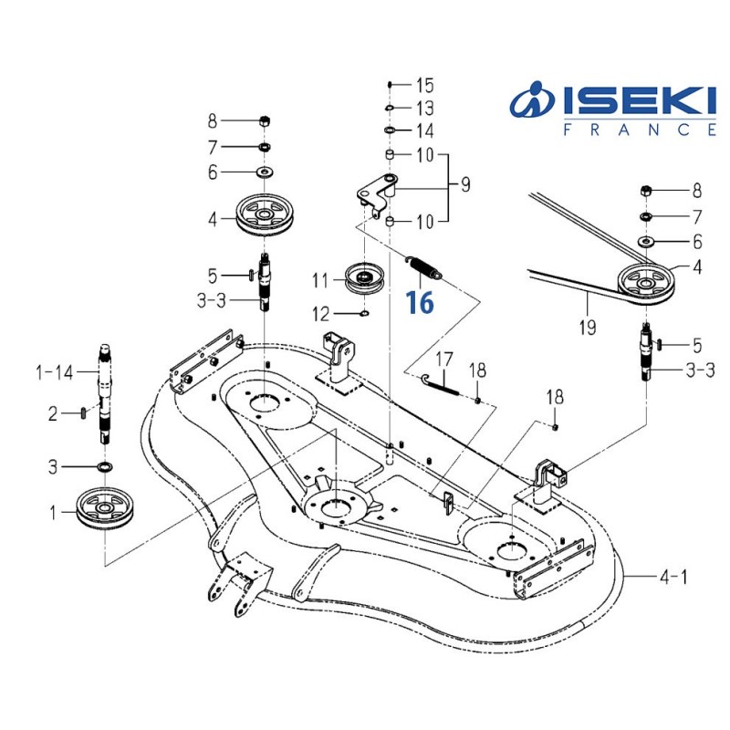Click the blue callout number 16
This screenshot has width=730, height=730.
[420, 302]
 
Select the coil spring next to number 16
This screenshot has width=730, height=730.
[425, 267]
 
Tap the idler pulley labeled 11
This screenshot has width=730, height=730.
[366, 276]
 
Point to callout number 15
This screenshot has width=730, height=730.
[425, 87]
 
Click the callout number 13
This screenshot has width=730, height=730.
[425, 109]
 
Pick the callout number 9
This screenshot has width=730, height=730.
[464, 186]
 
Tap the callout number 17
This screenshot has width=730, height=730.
[443, 359]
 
